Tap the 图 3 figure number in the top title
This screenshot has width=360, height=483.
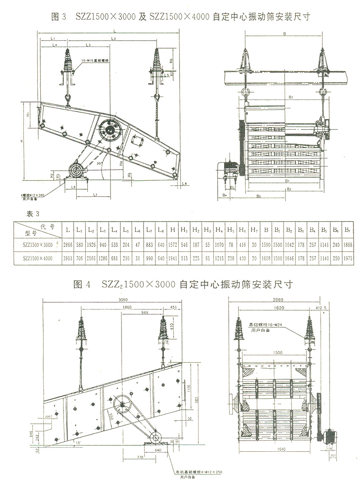[x=59, y=17]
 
